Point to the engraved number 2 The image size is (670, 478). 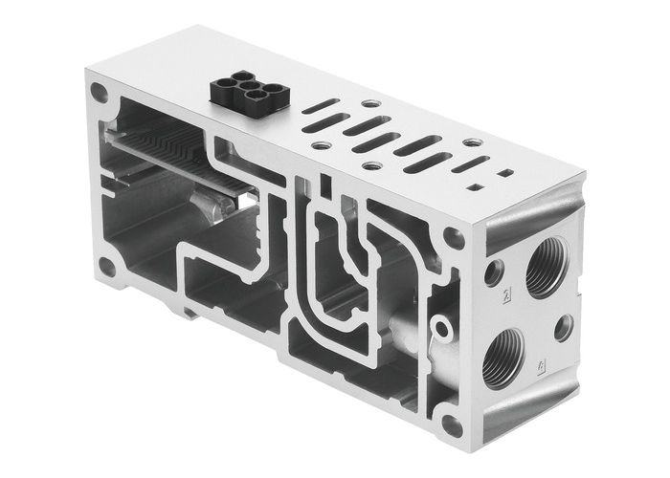506,295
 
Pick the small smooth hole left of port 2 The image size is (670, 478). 494,273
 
